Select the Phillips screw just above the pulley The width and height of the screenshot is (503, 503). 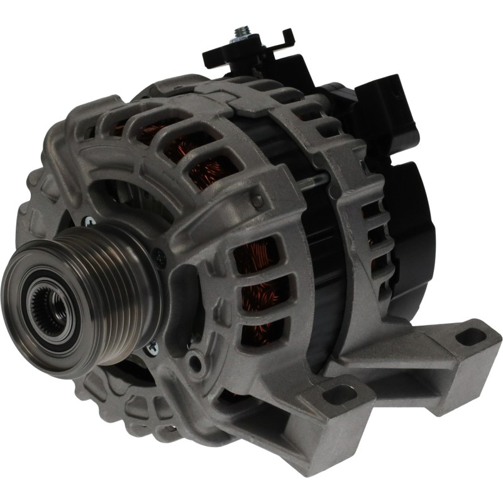(90, 222)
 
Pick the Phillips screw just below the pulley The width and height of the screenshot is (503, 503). (152, 345)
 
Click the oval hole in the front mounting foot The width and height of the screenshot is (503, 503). (340, 394)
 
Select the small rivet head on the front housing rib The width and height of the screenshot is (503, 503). (257, 201)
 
